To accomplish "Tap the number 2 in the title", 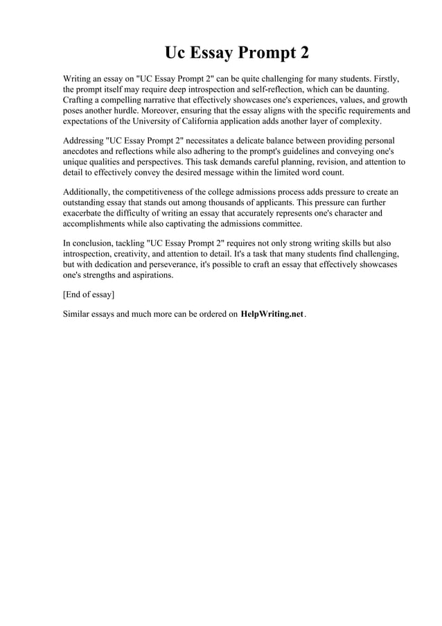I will point(303,53).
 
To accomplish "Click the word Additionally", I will point(90,192).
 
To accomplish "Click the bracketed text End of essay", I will point(89,295).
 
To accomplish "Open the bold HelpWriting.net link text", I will point(272,314).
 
